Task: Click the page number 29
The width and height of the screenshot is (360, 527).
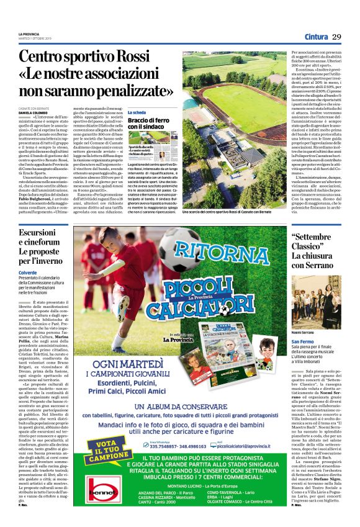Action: point(337,38)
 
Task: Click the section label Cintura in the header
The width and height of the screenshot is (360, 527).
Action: point(315,38)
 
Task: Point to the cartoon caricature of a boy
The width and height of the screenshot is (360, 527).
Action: point(267,345)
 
